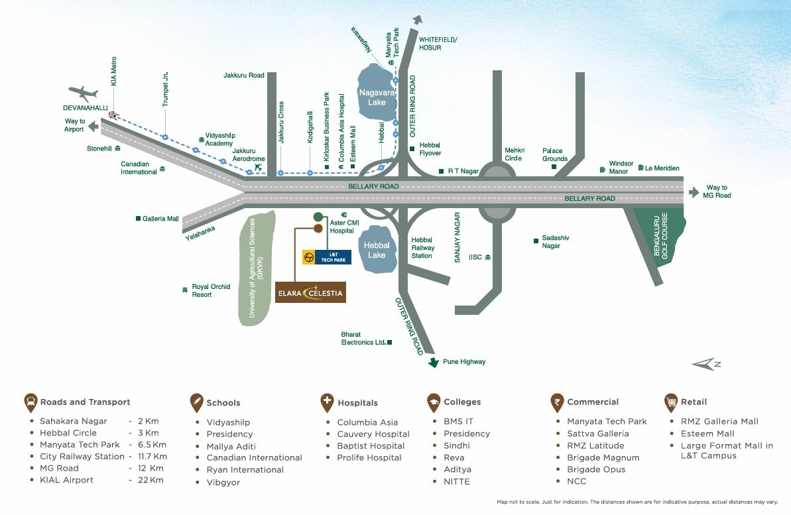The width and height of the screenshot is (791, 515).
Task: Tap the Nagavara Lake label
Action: (377, 98)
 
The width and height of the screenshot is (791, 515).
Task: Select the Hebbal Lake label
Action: (377, 250)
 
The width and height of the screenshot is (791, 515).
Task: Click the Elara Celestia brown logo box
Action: (310, 292)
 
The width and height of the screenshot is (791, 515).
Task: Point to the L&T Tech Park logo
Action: (327, 257)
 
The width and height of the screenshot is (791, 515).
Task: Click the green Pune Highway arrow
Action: (434, 362)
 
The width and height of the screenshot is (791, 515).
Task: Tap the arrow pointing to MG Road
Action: (694, 192)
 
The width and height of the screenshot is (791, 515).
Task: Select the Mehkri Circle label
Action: (513, 154)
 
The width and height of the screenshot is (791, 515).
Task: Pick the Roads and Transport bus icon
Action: (30, 402)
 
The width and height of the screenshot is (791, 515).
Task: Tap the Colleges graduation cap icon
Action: (433, 402)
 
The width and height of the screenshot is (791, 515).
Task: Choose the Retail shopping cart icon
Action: (670, 402)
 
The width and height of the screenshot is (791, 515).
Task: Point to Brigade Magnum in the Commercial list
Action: (603, 457)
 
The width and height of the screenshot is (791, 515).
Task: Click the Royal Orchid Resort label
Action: (211, 290)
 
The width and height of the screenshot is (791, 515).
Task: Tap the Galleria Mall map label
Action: (160, 219)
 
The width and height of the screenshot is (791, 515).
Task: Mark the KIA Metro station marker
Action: (113, 115)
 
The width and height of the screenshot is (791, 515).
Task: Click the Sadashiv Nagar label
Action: (556, 242)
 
